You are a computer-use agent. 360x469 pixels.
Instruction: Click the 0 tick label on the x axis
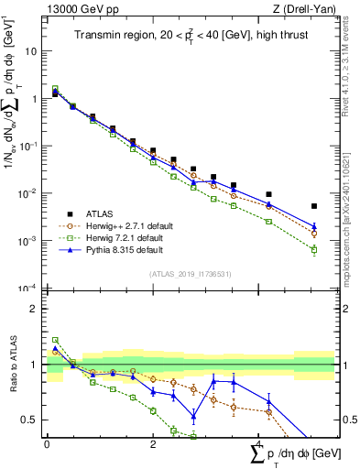[x=47, y=445]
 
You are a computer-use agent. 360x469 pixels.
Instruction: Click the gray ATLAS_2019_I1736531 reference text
[x=191, y=274]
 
